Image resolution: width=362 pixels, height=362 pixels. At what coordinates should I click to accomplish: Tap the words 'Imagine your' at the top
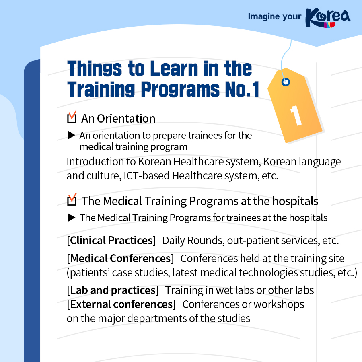click(x=274, y=16)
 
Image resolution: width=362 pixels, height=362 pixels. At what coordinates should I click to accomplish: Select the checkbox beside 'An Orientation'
click(x=72, y=119)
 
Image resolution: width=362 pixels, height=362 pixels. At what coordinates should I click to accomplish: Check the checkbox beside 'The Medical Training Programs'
click(x=72, y=200)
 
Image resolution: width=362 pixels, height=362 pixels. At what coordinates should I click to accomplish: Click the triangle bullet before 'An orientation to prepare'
click(x=71, y=136)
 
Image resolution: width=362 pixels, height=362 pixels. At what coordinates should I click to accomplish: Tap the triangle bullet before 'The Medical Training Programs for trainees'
click(x=71, y=218)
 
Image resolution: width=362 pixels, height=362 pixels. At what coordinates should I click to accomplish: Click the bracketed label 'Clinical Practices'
click(x=111, y=241)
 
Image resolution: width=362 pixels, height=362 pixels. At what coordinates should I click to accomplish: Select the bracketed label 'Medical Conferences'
click(x=120, y=258)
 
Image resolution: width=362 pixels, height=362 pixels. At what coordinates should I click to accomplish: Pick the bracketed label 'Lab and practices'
click(x=113, y=290)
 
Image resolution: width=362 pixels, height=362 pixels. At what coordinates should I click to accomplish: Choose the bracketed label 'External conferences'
click(x=121, y=304)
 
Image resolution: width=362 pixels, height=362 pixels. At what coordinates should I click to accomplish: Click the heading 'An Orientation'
click(x=118, y=119)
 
